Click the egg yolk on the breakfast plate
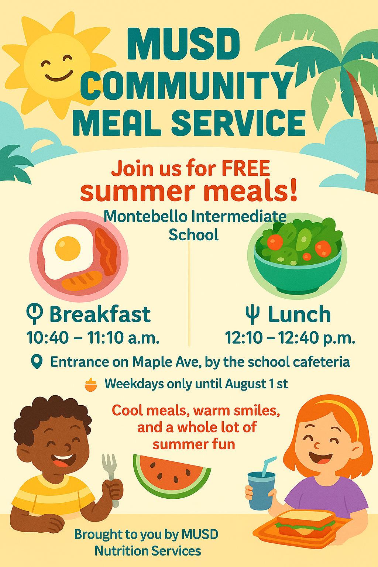[x=68, y=248]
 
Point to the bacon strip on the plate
[x=107, y=251]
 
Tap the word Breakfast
[x=100, y=314]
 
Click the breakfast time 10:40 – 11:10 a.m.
[x=93, y=337]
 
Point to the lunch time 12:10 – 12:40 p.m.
[x=290, y=337]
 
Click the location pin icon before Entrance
[x=37, y=361]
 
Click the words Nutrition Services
[x=148, y=551]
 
